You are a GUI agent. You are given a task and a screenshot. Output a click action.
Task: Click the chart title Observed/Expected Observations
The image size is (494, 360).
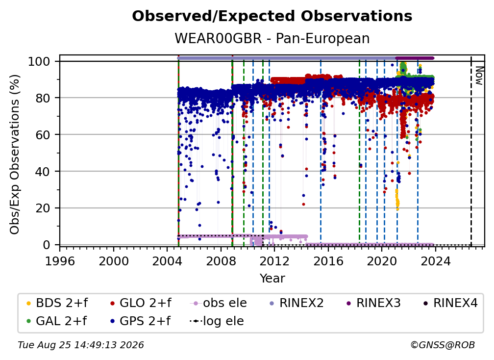[272, 16]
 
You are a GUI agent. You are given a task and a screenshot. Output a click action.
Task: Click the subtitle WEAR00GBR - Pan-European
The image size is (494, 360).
[272, 38]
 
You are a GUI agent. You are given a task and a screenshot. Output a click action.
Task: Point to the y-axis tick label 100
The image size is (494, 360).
[39, 61]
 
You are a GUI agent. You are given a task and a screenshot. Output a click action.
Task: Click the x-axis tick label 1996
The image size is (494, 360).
[60, 261]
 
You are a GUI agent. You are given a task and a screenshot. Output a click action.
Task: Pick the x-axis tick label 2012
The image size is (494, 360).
[274, 261]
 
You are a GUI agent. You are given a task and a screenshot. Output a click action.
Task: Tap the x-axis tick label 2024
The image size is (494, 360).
[435, 261]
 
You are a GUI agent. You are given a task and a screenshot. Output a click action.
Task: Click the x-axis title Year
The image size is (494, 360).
[272, 278]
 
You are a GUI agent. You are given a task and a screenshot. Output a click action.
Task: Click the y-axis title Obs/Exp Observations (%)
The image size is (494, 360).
[15, 154]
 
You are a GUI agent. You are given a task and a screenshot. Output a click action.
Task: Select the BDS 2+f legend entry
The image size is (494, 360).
[57, 303]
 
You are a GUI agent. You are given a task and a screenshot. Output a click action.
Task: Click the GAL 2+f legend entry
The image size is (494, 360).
[57, 321]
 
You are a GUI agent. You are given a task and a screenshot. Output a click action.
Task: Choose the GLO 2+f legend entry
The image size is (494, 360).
[141, 303]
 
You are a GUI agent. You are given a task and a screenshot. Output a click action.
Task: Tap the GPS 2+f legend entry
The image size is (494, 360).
[141, 321]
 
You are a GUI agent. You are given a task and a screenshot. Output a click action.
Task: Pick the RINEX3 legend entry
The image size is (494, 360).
[373, 303]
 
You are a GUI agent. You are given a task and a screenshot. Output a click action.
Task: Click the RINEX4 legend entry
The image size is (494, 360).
[450, 303]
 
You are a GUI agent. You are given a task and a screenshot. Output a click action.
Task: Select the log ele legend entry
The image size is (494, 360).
[217, 321]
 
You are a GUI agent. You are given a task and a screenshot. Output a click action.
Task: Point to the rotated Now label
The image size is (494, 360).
[479, 76]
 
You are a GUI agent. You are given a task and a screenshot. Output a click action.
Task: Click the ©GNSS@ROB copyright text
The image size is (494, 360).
[443, 345]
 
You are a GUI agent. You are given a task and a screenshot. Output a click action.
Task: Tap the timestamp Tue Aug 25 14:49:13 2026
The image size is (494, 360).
[81, 345]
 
